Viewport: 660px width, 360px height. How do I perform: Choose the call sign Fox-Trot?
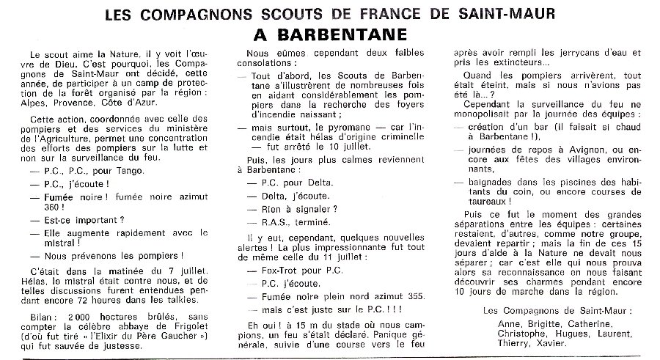(276, 270)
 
